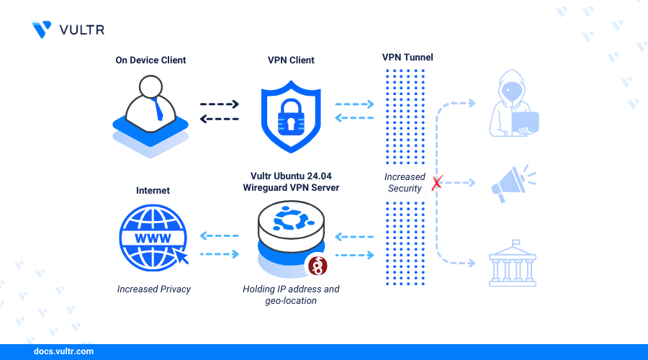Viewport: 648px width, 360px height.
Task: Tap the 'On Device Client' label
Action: [150, 60]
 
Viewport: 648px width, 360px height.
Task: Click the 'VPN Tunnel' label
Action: [408, 57]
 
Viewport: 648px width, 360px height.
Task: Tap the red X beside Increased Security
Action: [436, 184]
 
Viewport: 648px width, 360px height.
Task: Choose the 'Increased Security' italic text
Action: [405, 183]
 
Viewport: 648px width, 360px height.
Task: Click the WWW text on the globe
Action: [150, 238]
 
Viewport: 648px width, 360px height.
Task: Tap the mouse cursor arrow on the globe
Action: [181, 256]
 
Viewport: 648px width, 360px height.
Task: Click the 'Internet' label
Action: [153, 191]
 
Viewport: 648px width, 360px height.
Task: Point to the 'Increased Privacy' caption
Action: [153, 289]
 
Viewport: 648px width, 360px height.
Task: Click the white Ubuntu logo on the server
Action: [291, 220]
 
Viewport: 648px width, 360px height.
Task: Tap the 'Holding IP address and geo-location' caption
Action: [291, 295]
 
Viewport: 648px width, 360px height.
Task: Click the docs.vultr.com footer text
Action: [63, 352]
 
